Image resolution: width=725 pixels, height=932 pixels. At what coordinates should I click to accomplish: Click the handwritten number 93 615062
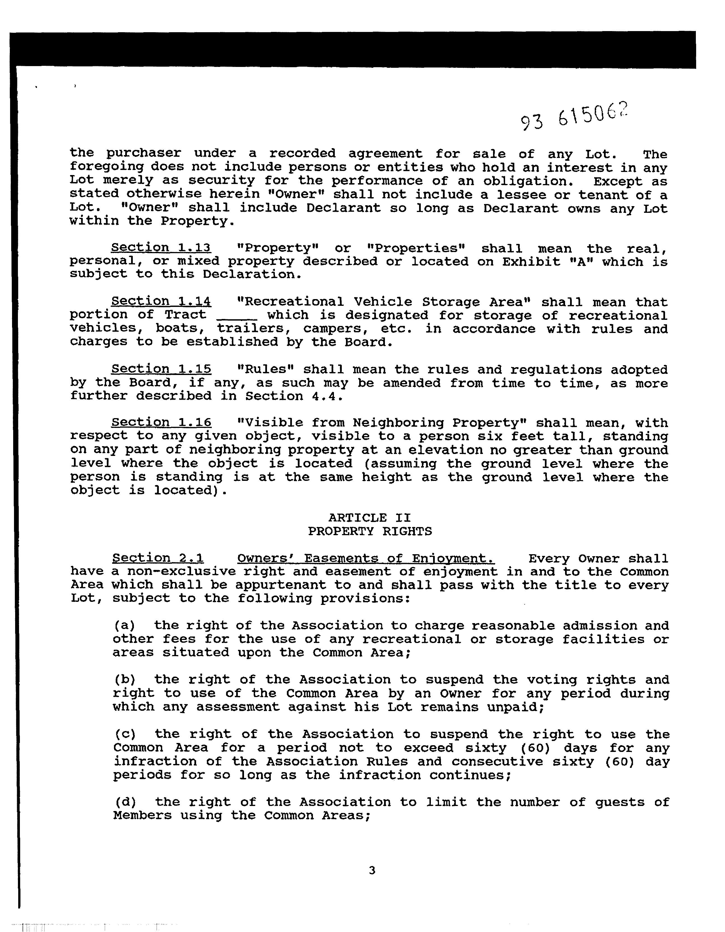pyautogui.click(x=574, y=117)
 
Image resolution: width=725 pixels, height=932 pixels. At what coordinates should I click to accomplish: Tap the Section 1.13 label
pyautogui.click(x=161, y=248)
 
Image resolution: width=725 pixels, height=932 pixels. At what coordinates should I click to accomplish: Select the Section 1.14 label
pyautogui.click(x=161, y=301)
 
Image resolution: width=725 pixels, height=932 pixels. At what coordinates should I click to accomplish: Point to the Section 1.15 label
pyautogui.click(x=161, y=369)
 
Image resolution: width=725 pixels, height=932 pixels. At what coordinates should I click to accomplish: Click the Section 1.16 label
pyautogui.click(x=161, y=423)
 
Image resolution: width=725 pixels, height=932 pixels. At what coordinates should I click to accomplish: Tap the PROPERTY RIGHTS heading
pyautogui.click(x=370, y=531)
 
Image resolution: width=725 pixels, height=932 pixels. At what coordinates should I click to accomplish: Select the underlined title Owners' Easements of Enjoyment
pyautogui.click(x=366, y=558)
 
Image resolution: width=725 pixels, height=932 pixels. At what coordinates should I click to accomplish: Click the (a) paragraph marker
pyautogui.click(x=124, y=626)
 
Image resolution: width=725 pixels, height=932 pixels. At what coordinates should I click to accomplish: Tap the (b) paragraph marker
pyautogui.click(x=125, y=679)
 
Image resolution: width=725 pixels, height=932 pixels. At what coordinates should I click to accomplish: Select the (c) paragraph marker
pyautogui.click(x=125, y=734)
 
